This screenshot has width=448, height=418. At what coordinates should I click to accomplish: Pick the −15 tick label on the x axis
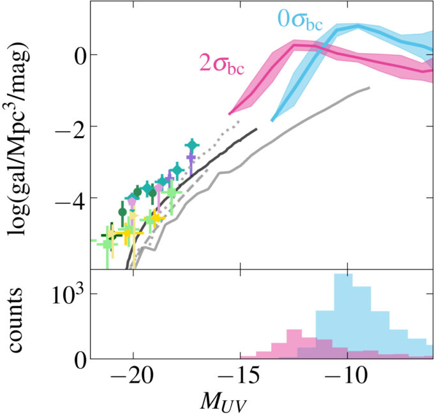[x=239, y=376]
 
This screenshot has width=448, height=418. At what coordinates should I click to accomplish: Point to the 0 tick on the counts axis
[x=72, y=360]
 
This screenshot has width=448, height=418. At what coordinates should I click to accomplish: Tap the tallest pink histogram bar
[x=294, y=344]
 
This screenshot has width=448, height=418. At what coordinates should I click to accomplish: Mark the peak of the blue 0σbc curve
[x=357, y=26]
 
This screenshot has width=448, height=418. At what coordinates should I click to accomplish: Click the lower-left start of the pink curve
[x=230, y=113]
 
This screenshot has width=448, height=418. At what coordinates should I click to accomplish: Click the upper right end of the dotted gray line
[x=241, y=120]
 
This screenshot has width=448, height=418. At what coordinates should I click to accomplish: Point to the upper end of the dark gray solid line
[x=257, y=128]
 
